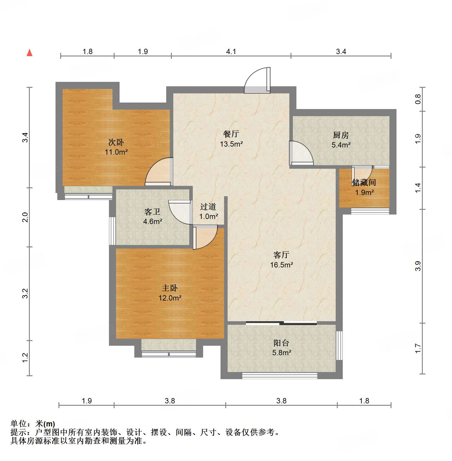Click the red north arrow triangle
(30, 53)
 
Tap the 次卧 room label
(116, 142)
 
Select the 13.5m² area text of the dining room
(231, 144)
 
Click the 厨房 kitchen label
(341, 135)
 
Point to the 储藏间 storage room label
(364, 182)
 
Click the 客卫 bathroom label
(152, 212)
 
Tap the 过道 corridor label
(208, 207)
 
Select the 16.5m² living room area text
(281, 265)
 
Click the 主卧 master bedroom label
(170, 288)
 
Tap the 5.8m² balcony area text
(281, 353)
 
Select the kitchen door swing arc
(301, 152)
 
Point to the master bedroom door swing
(205, 237)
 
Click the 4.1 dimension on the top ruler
(231, 52)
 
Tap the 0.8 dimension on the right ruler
(418, 99)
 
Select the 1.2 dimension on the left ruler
(25, 357)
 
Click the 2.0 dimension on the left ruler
(25, 217)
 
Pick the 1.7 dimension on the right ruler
(418, 348)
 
